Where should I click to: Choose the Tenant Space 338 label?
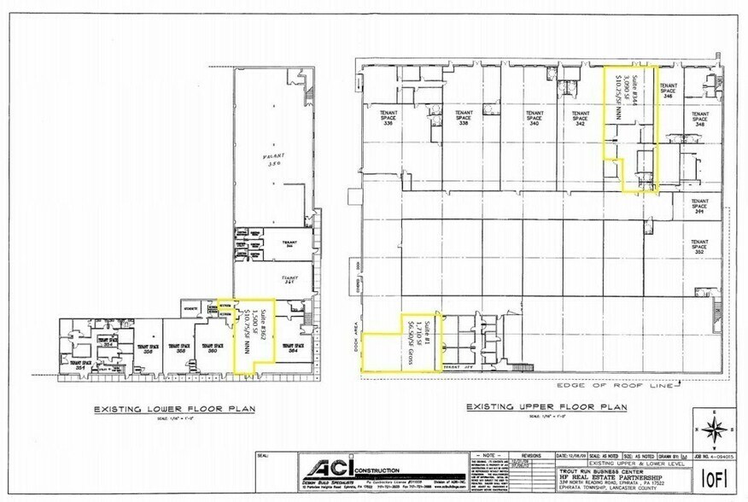464,118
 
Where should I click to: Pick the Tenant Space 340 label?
535,118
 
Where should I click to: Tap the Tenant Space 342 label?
581,118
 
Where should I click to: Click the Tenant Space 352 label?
699,246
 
